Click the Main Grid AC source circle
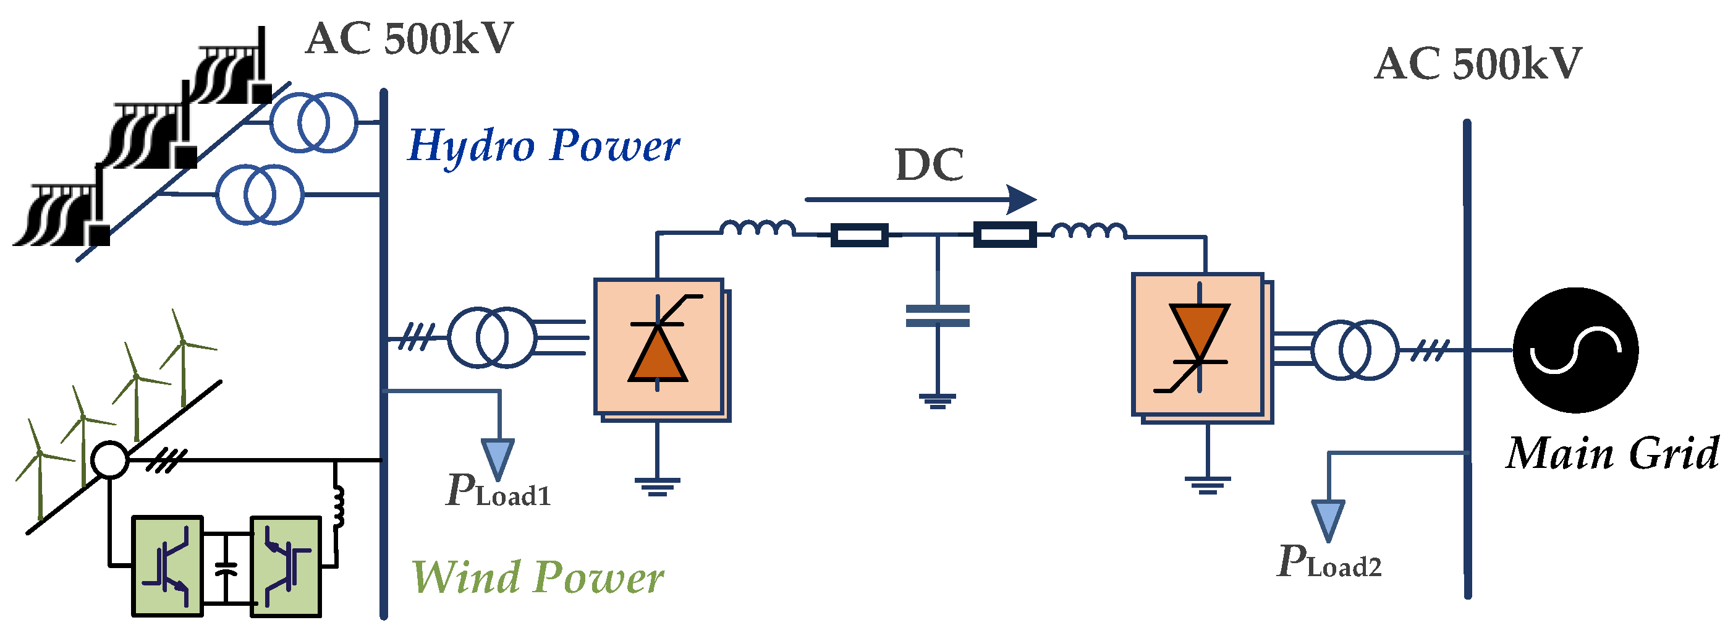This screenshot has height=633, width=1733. point(1575,350)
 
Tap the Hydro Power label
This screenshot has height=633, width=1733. point(544,147)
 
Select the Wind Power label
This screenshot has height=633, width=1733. point(538,578)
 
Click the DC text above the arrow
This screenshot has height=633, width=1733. point(929,165)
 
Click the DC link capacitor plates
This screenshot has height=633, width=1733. point(937,315)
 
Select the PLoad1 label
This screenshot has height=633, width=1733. point(498,491)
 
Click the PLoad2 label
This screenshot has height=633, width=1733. point(1329,563)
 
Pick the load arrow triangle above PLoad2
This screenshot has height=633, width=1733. point(1328,519)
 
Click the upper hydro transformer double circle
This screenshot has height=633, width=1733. point(313,122)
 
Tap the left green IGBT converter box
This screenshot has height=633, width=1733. point(167,566)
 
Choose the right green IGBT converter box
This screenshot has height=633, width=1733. point(286,566)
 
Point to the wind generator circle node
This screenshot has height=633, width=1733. point(109,460)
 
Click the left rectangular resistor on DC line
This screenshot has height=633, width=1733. point(859,235)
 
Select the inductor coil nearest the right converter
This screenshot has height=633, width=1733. point(1088,231)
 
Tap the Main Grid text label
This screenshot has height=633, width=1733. point(1612,454)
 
